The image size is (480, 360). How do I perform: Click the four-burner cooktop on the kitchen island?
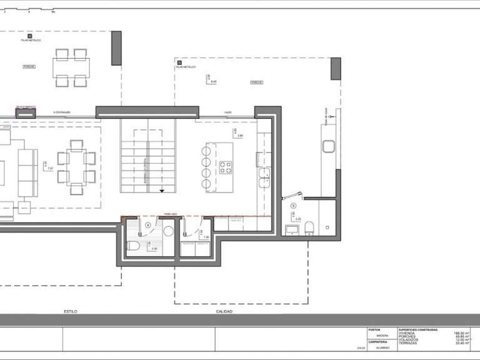225,167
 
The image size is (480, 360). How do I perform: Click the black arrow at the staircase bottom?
162,189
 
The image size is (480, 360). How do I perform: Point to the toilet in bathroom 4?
132,245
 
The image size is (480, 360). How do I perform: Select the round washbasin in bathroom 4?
167,231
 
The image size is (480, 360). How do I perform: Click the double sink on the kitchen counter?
264,173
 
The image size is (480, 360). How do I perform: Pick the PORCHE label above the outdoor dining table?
29,66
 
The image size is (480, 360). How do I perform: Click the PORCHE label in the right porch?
256,82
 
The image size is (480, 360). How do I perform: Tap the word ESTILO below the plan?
70,311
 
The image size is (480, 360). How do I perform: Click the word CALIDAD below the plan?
224,311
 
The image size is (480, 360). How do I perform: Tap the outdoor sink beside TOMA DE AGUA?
330,147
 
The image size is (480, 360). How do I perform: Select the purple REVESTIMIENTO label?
26,107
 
